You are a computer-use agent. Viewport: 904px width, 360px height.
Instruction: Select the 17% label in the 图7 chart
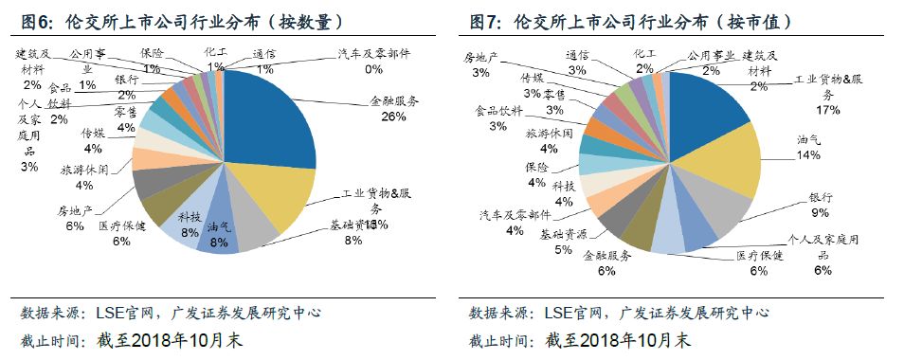tap(827, 110)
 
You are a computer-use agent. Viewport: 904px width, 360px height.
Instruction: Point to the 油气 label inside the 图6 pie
tap(219, 227)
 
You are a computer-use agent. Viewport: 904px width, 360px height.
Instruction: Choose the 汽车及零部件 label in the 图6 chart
tap(374, 55)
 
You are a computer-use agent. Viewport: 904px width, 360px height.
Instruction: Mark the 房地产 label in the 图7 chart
tap(481, 58)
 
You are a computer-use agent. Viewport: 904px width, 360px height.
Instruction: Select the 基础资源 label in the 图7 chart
tap(563, 234)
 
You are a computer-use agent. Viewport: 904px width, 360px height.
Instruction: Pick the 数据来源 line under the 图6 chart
tap(171, 312)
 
